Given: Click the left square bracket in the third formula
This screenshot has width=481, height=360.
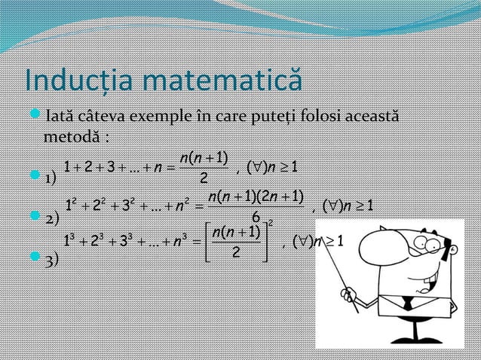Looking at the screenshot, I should pyautogui.click(x=208, y=242).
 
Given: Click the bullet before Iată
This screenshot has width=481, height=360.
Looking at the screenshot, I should pyautogui.click(x=30, y=118).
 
